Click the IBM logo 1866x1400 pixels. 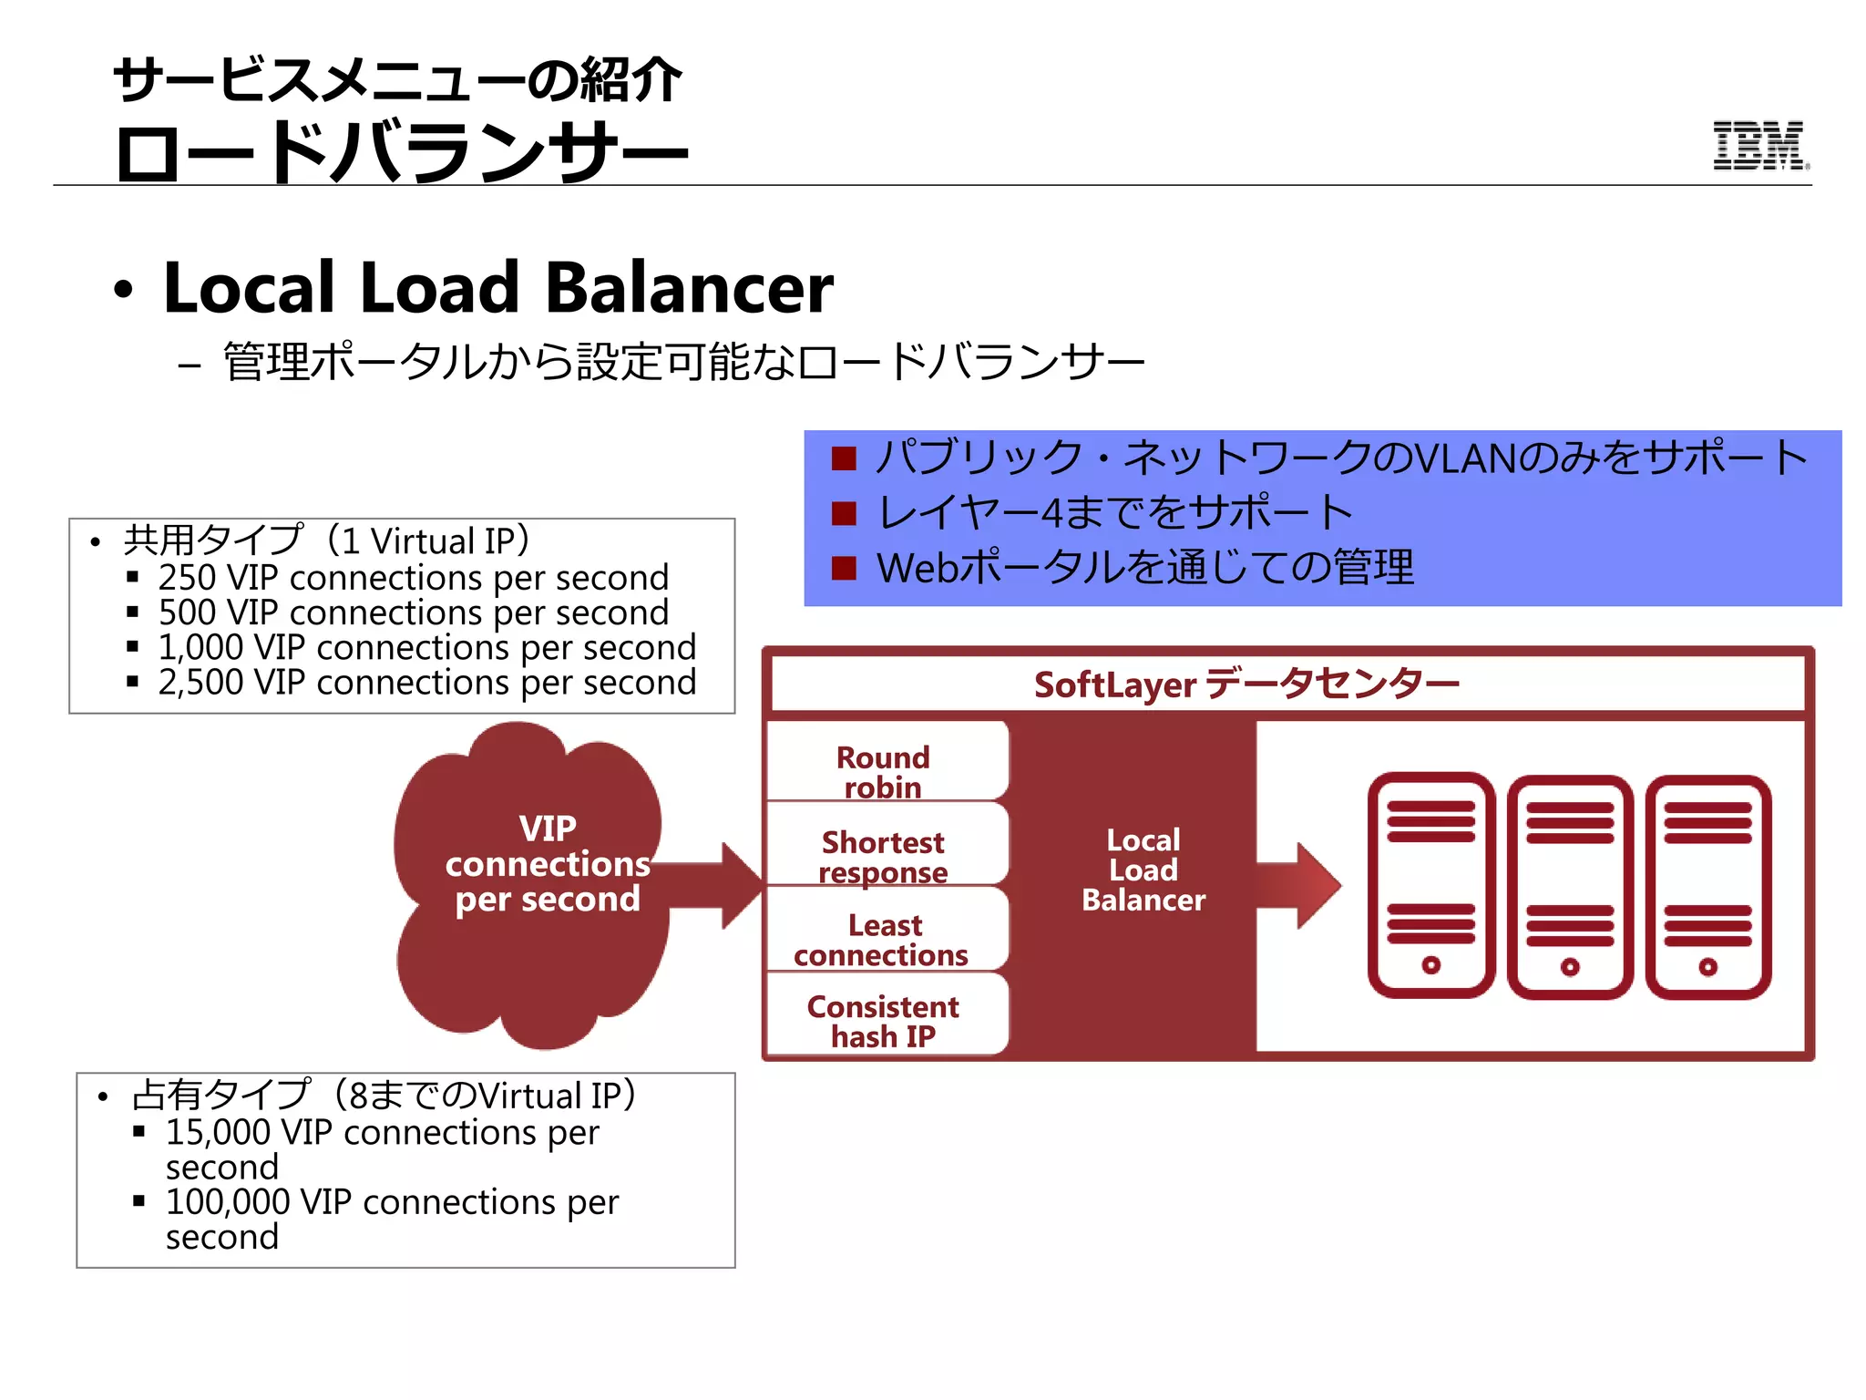click(1759, 146)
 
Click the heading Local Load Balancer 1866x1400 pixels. click(497, 288)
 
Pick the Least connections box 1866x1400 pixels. click(884, 939)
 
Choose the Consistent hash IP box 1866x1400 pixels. click(884, 1020)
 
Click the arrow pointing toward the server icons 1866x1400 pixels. click(1303, 884)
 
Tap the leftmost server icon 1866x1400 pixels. click(1430, 884)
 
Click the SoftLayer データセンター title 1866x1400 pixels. click(1246, 684)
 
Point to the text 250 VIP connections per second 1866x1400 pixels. click(413, 578)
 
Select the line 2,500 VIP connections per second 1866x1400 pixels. click(426, 682)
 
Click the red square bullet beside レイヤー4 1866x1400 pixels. click(845, 514)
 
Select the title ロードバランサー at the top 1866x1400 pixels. click(401, 153)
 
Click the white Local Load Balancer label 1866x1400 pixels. click(1143, 870)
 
